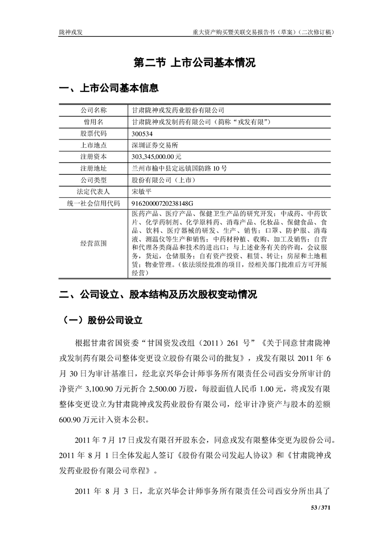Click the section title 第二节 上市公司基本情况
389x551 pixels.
(195, 63)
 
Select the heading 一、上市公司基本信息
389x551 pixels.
(108, 89)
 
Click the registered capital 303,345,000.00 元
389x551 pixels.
(156, 157)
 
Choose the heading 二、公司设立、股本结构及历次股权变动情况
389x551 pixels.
(157, 296)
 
